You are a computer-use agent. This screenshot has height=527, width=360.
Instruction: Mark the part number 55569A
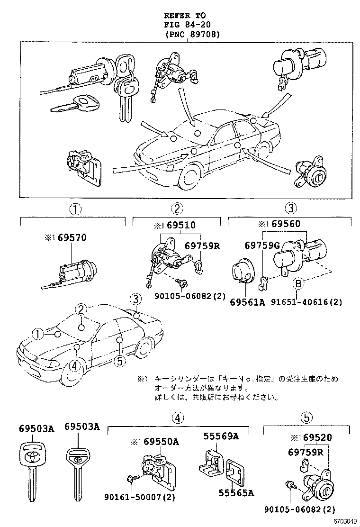coord(221,436)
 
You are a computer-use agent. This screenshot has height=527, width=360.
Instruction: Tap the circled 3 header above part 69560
coord(291,208)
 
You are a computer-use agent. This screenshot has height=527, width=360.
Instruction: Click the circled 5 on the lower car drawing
coord(120,362)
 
